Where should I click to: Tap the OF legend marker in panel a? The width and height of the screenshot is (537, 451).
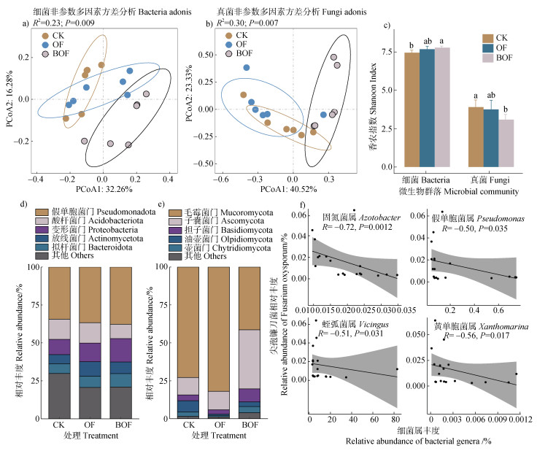tap(46, 45)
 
